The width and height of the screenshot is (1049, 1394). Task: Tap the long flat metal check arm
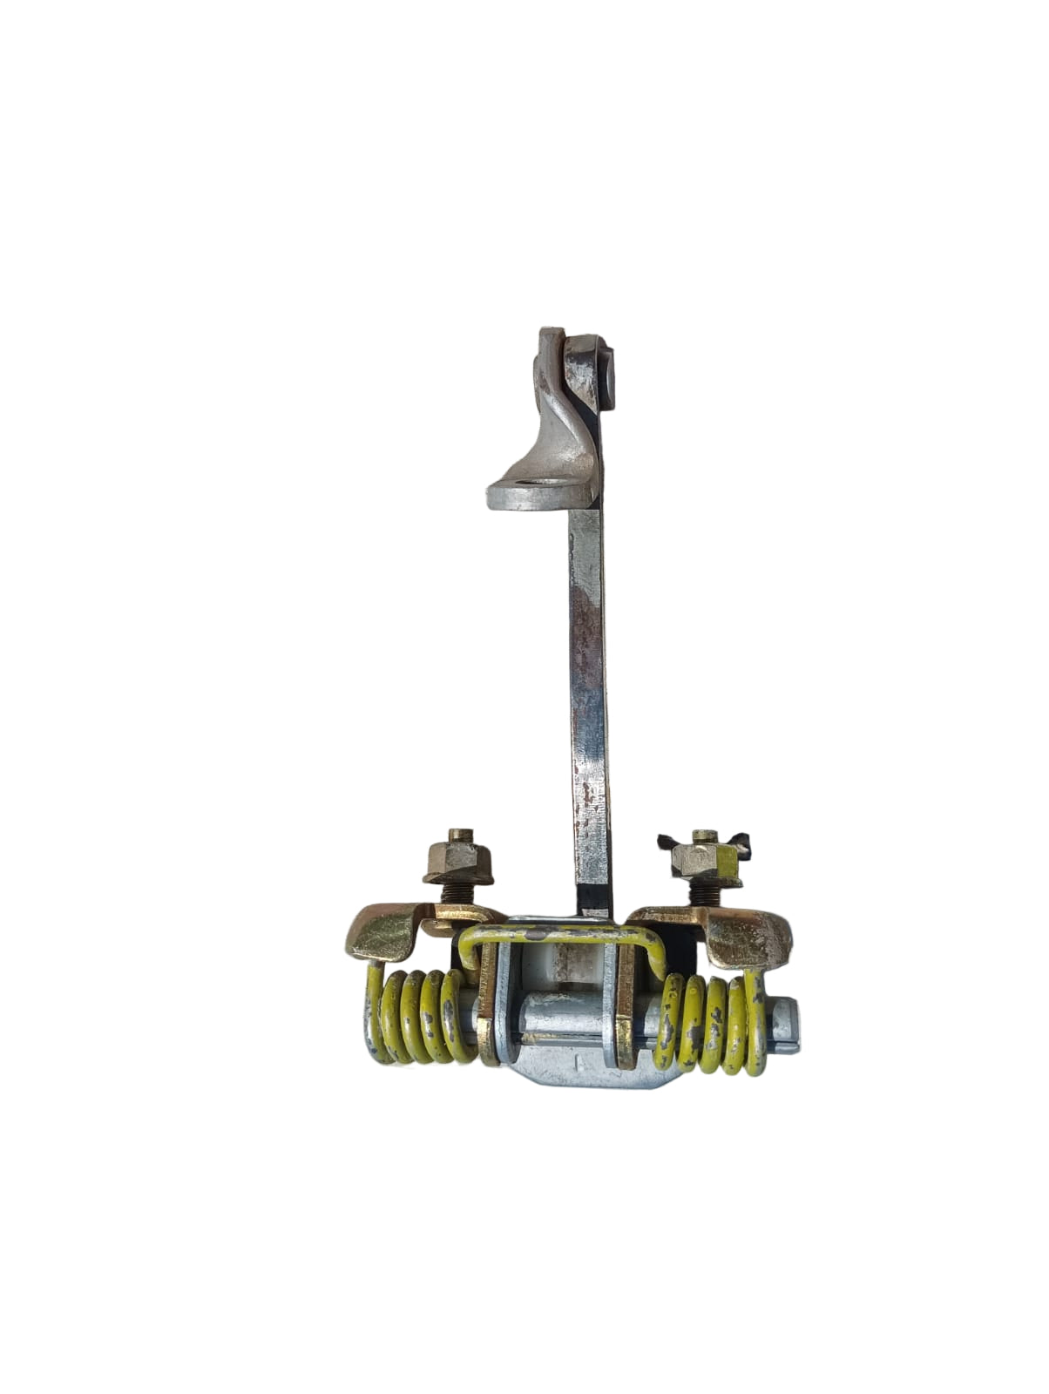[588, 680]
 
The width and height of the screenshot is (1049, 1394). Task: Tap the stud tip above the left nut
[462, 835]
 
